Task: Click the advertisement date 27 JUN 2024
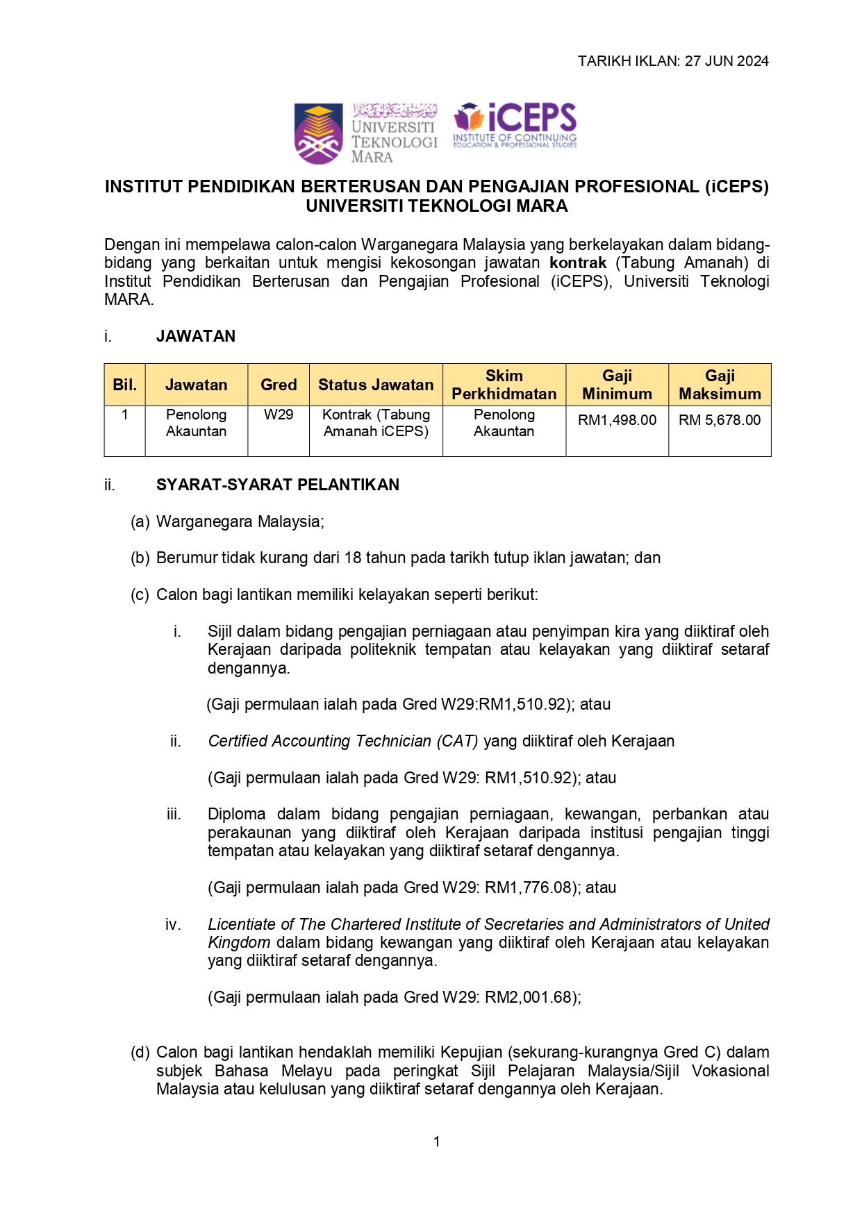(727, 61)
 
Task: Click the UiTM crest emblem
(318, 133)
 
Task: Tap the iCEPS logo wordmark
(515, 125)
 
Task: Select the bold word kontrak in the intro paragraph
(578, 263)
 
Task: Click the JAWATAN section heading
(196, 336)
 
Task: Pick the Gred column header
(279, 385)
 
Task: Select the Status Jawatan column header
(376, 385)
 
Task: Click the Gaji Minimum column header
(617, 385)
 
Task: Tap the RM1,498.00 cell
(617, 420)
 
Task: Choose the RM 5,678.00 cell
(720, 420)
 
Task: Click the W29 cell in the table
(279, 415)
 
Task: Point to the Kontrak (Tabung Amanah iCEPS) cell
(376, 423)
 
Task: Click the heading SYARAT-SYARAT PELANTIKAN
(278, 485)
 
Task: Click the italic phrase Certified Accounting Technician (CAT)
(343, 741)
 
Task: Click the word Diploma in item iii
(236, 814)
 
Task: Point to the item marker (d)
(140, 1052)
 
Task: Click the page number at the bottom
(436, 1142)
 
